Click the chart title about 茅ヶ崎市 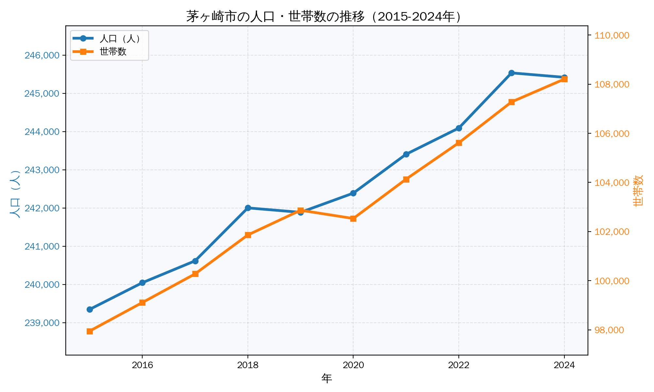tap(324, 17)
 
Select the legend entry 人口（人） tap(120, 39)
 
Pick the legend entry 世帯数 tap(113, 52)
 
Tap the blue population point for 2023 tap(511, 73)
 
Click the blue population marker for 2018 tap(248, 208)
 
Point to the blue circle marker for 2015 tap(90, 309)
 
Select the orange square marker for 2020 tap(353, 219)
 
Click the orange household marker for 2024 tap(564, 79)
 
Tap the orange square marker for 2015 tap(90, 331)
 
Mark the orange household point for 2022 tap(459, 143)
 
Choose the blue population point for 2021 tap(406, 154)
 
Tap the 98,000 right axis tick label tap(609, 330)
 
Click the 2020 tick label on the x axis tap(353, 365)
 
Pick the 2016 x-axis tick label tap(142, 365)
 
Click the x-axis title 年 tap(326, 379)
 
